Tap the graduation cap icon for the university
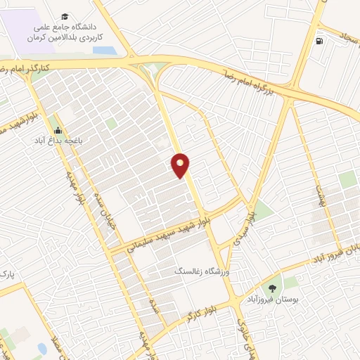pyautogui.click(x=65, y=16)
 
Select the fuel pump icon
pyautogui.click(x=321, y=40)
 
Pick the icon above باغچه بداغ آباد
pyautogui.click(x=58, y=129)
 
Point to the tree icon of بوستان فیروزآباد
pyautogui.click(x=271, y=288)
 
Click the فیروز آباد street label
pyautogui.click(x=335, y=254)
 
